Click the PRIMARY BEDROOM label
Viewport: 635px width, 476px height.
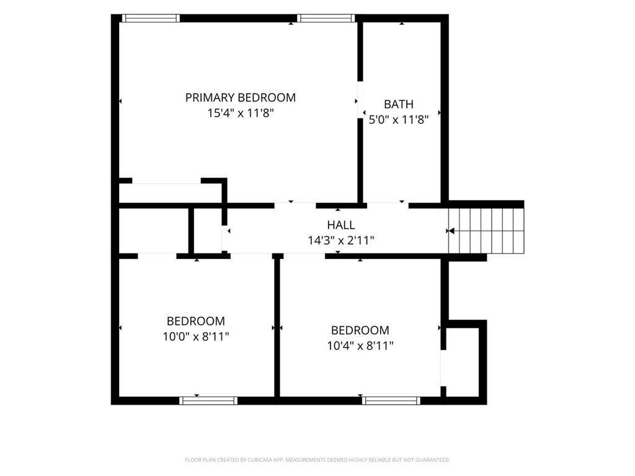click(241, 97)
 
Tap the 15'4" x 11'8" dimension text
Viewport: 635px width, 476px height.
click(241, 113)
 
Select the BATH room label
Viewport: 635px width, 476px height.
click(399, 104)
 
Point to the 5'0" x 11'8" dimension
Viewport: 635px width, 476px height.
click(399, 120)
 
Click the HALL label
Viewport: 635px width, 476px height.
click(341, 224)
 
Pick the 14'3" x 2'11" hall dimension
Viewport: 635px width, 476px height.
click(341, 240)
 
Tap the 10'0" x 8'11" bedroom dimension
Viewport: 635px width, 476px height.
click(196, 337)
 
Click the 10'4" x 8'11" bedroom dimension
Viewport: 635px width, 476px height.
click(360, 346)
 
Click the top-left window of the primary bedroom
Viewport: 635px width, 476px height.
click(151, 18)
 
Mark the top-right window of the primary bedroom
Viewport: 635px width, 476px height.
click(326, 18)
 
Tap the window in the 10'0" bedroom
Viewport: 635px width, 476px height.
click(208, 401)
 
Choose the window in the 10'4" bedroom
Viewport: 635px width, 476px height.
click(391, 401)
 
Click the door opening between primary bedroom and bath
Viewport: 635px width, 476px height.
click(360, 100)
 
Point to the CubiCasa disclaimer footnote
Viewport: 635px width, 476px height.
click(317, 460)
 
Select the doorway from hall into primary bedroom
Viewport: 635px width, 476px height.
click(295, 206)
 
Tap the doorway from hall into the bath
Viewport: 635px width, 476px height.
click(388, 206)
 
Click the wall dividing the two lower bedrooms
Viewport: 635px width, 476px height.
click(277, 328)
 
